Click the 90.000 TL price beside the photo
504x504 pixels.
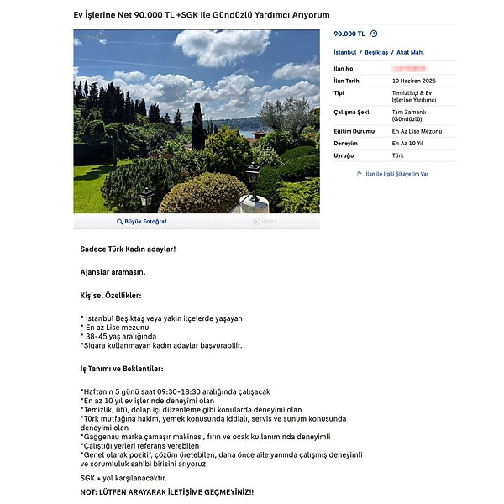coord(349,34)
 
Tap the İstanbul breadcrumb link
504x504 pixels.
coord(346,52)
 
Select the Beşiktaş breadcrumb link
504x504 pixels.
coord(377,52)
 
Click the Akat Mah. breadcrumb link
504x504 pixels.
coord(411,52)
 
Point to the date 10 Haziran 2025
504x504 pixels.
coord(413,80)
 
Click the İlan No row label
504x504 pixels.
coord(344,67)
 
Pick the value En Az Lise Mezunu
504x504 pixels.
coord(415,132)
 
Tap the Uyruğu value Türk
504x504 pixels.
coord(398,155)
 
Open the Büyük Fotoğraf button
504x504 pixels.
coord(141,222)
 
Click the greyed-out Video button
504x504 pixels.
coord(265,222)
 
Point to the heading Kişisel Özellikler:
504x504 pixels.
coord(111,296)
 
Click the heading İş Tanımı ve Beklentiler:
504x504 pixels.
coord(122,369)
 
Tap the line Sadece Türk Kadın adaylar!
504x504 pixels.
coord(128,249)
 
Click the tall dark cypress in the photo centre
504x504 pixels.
coord(197,126)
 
